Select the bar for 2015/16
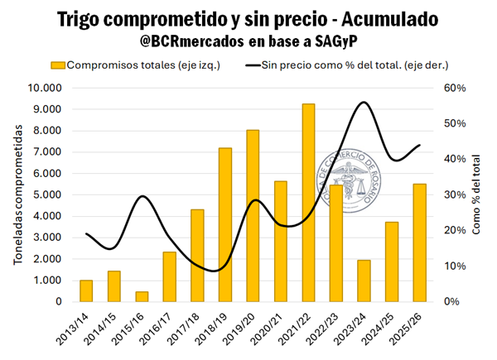click(x=142, y=296)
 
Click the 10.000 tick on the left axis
click(x=46, y=88)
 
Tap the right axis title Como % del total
click(x=476, y=195)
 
